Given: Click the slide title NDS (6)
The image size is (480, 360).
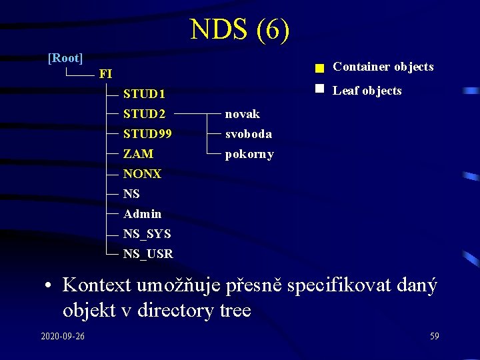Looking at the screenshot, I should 239,30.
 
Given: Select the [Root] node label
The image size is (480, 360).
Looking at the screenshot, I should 65,58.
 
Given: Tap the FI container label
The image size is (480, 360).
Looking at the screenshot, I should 105,74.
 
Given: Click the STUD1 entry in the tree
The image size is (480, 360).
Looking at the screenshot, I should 144,94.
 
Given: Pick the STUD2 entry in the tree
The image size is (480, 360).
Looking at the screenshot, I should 144,114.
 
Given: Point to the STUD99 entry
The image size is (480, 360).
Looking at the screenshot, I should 147,134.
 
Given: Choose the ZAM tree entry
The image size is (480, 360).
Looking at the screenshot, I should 138,154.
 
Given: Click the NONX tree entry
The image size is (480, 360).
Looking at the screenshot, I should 142,174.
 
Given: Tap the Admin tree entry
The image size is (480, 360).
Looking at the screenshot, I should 142,214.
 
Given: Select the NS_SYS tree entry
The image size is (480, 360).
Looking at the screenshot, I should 147,234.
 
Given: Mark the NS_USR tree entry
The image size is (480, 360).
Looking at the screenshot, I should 148,254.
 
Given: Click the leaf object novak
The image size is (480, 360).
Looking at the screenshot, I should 243,114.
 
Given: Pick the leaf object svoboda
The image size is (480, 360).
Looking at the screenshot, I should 248,134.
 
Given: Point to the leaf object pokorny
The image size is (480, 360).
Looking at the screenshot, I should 249,154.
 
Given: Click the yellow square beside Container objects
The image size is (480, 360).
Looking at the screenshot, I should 319,68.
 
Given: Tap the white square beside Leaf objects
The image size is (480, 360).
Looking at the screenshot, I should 319,88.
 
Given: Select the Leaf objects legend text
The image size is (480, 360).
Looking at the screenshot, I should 367,91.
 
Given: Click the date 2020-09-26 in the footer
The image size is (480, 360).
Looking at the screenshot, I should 63,336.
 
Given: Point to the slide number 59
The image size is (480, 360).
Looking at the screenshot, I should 434,336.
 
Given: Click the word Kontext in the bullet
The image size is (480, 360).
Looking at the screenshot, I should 97,285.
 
